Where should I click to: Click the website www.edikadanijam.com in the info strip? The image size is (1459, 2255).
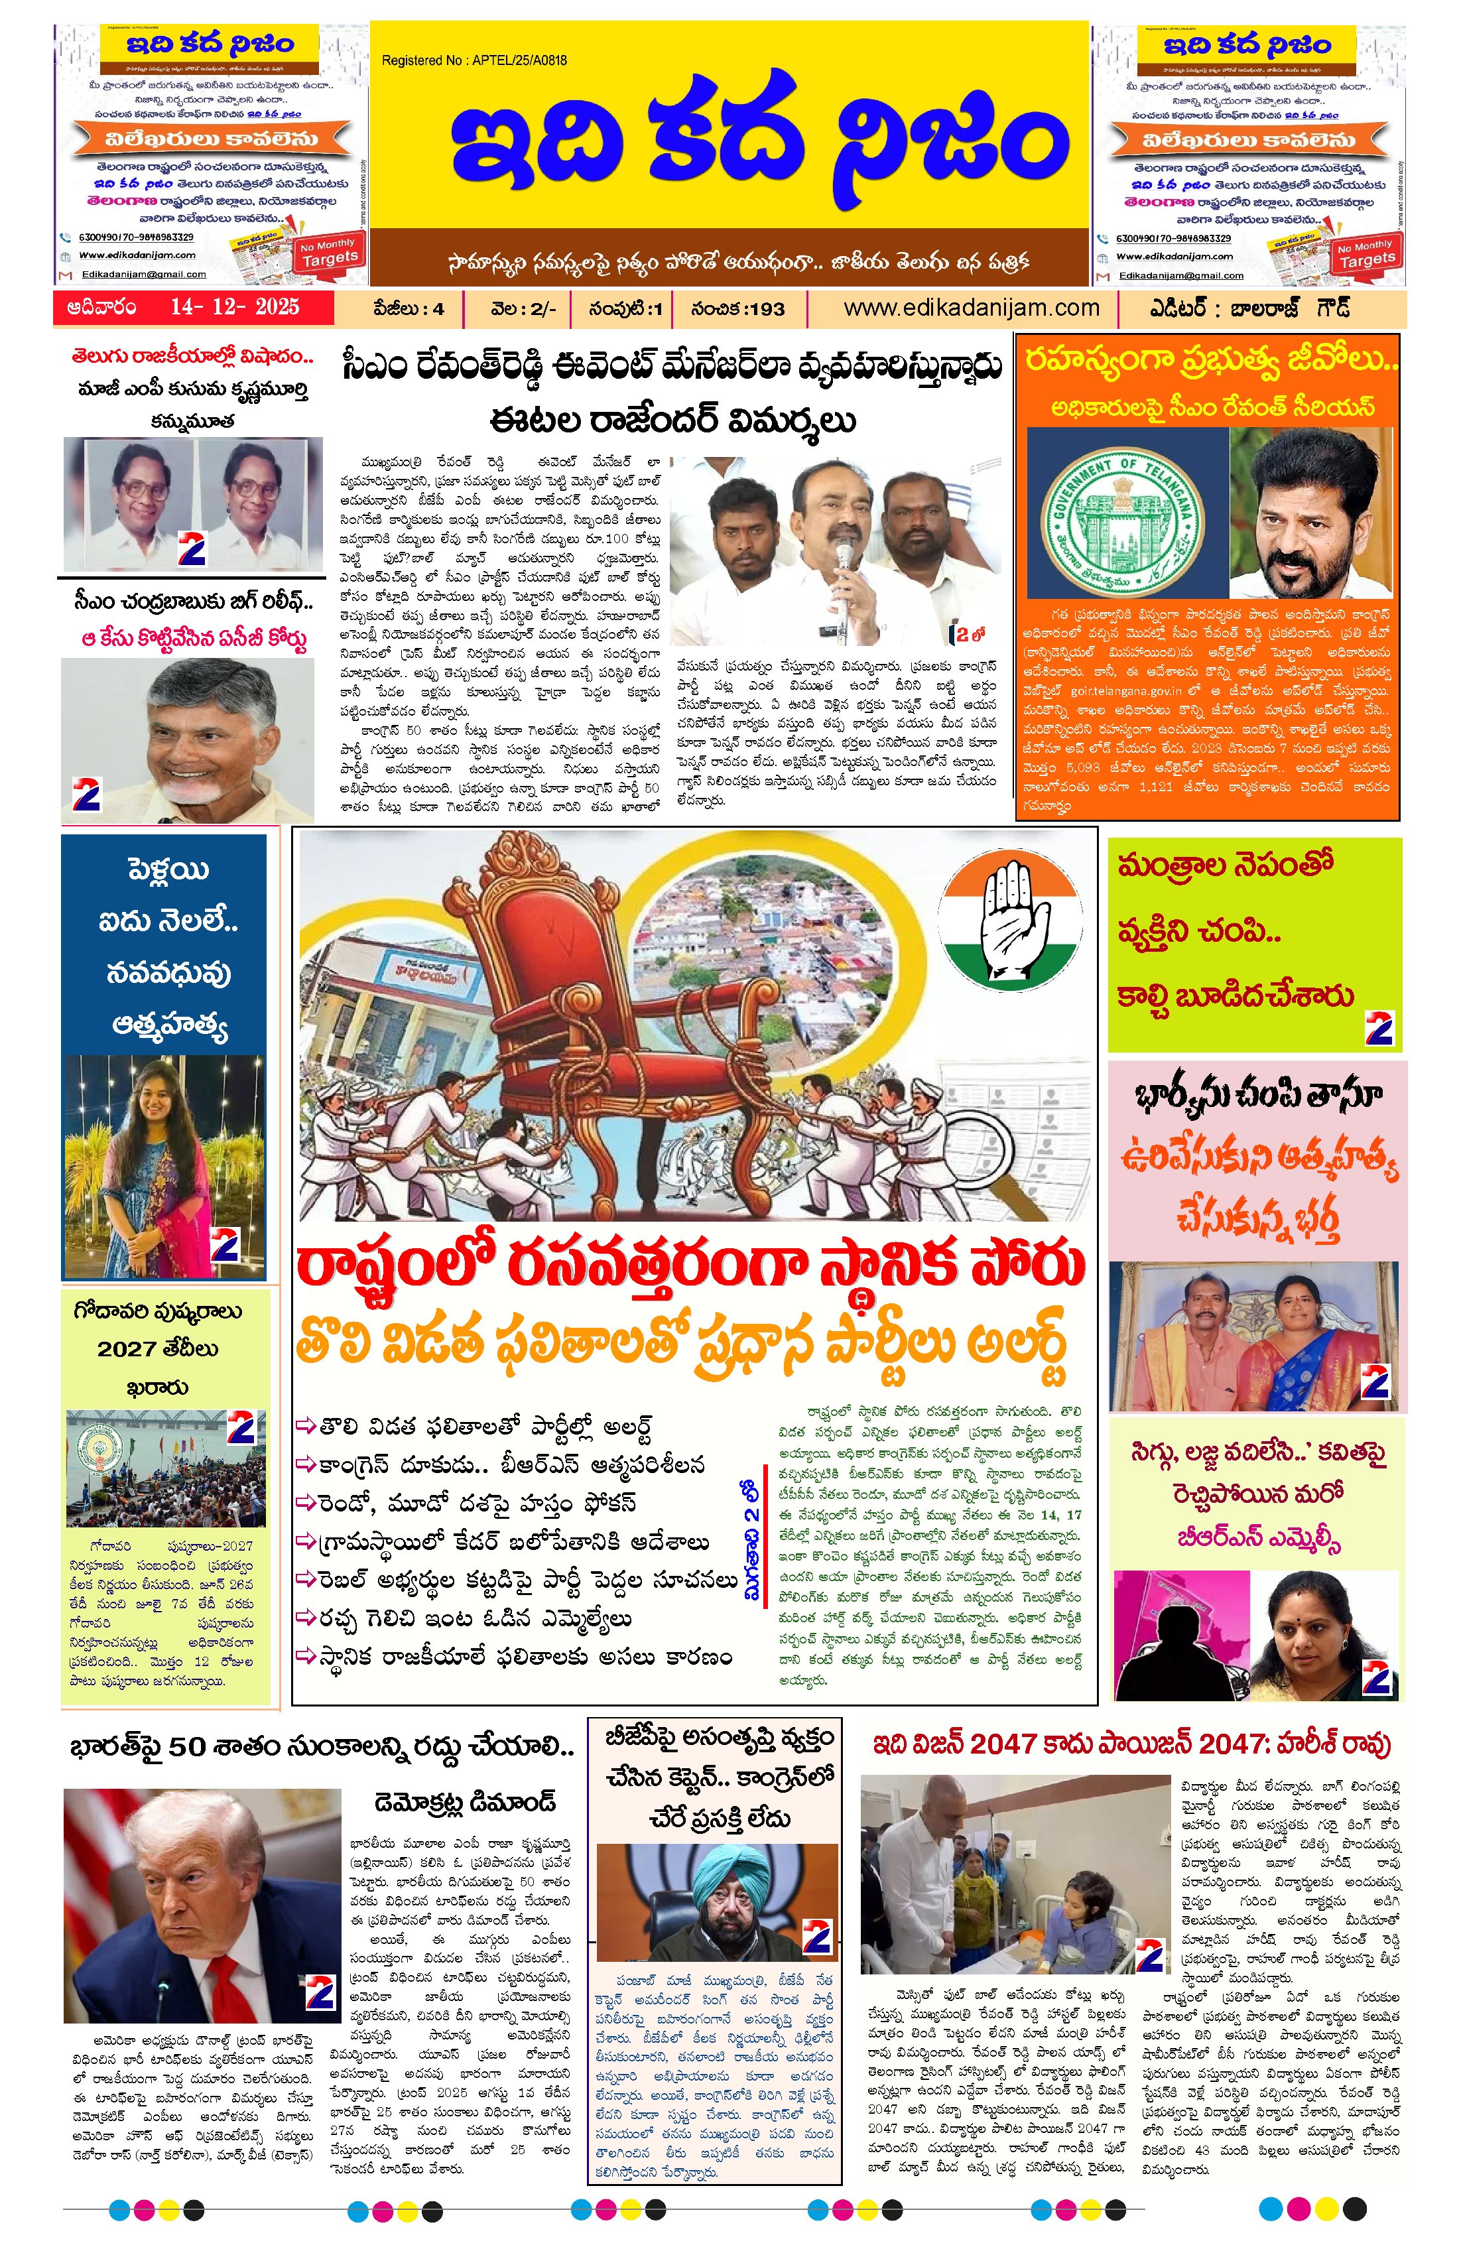(971, 308)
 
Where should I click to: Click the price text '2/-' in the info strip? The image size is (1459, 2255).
(544, 308)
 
